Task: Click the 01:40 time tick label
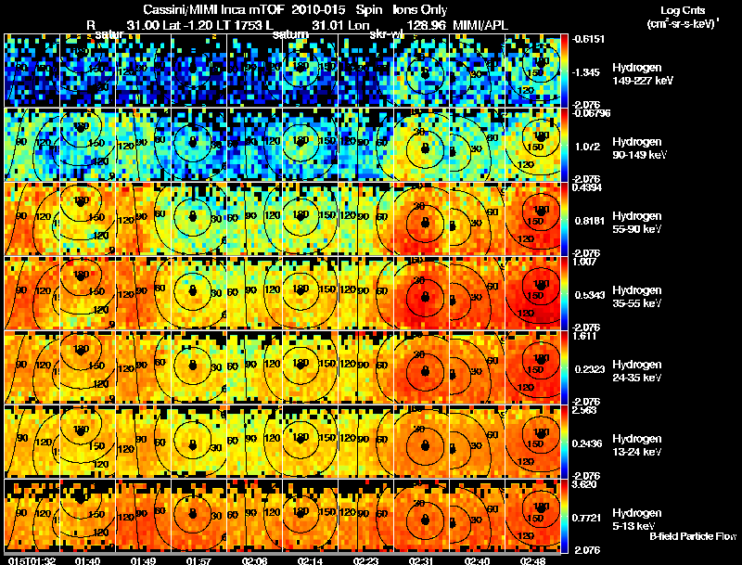(88, 560)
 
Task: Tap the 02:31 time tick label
(421, 560)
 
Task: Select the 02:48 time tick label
(532, 560)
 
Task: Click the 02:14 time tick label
(311, 560)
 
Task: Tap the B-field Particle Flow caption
(692, 536)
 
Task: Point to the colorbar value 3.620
(584, 483)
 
